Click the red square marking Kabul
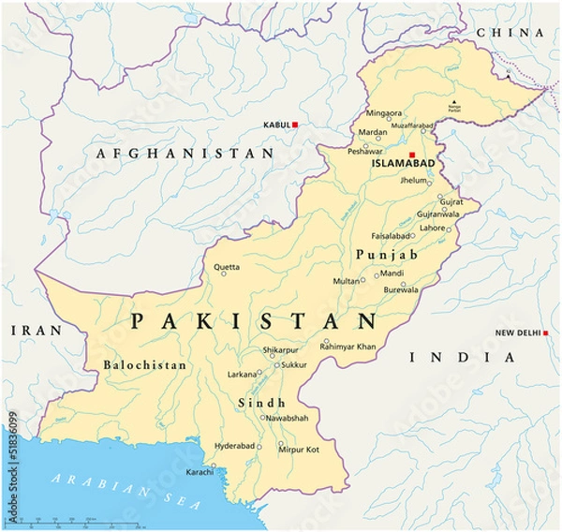[x=295, y=125]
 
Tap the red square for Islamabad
[x=411, y=155]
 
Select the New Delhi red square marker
[x=545, y=333]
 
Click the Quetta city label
[x=227, y=268]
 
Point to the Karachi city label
[x=199, y=471]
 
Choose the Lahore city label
[x=432, y=228]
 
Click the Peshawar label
[x=365, y=151]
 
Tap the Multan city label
[x=346, y=281]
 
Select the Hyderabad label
[x=233, y=446]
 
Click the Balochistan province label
[x=144, y=365]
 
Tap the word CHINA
[x=511, y=33]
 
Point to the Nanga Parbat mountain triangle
[x=455, y=102]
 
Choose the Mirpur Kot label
[x=299, y=451]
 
